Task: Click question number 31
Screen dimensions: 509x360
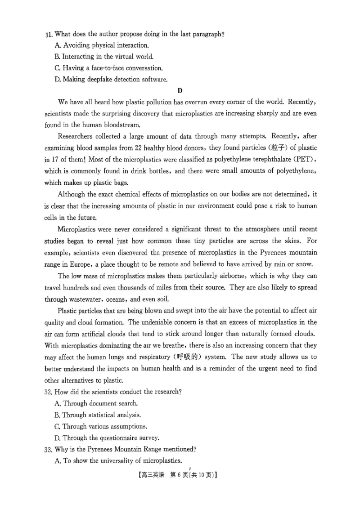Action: [49, 34]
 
